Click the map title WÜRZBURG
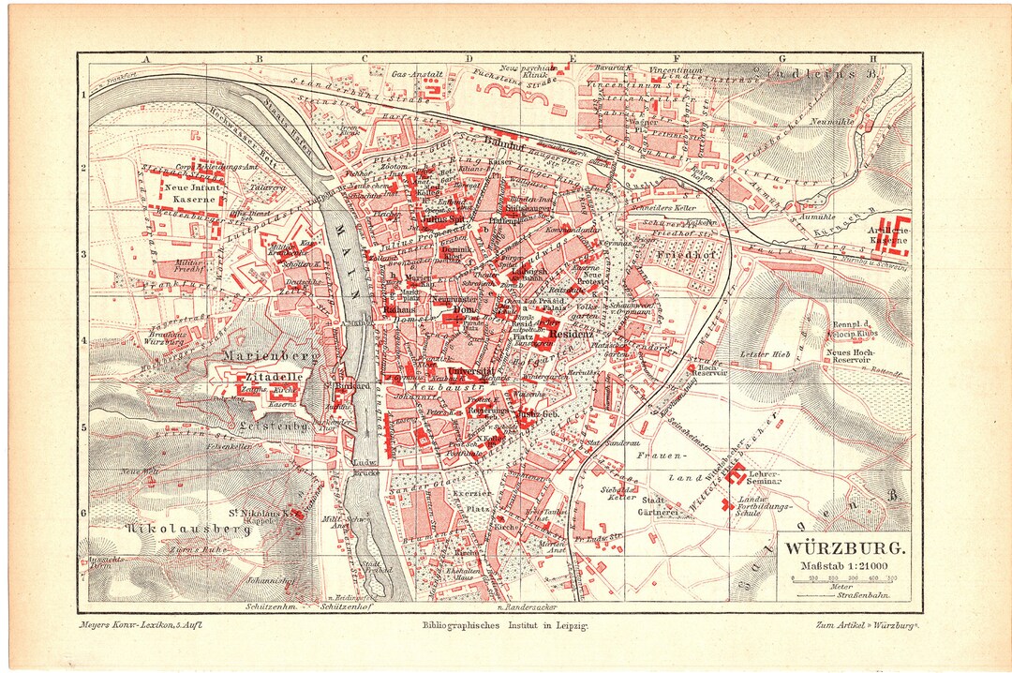[844, 547]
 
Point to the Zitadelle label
[248, 376]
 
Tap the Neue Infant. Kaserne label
[193, 193]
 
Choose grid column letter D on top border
[466, 59]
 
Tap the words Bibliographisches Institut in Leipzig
[505, 624]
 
